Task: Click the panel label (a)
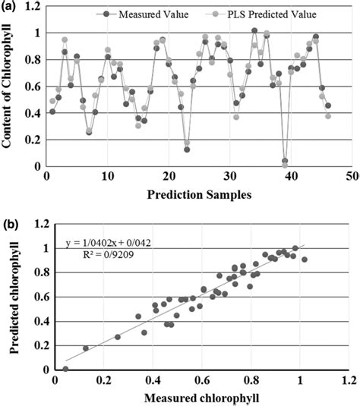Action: pos(10,7)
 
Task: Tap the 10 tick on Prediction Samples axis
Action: pos(107,176)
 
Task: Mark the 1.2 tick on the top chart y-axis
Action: pos(33,8)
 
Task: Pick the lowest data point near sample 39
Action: pos(285,162)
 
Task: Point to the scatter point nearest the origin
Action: pos(65,369)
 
